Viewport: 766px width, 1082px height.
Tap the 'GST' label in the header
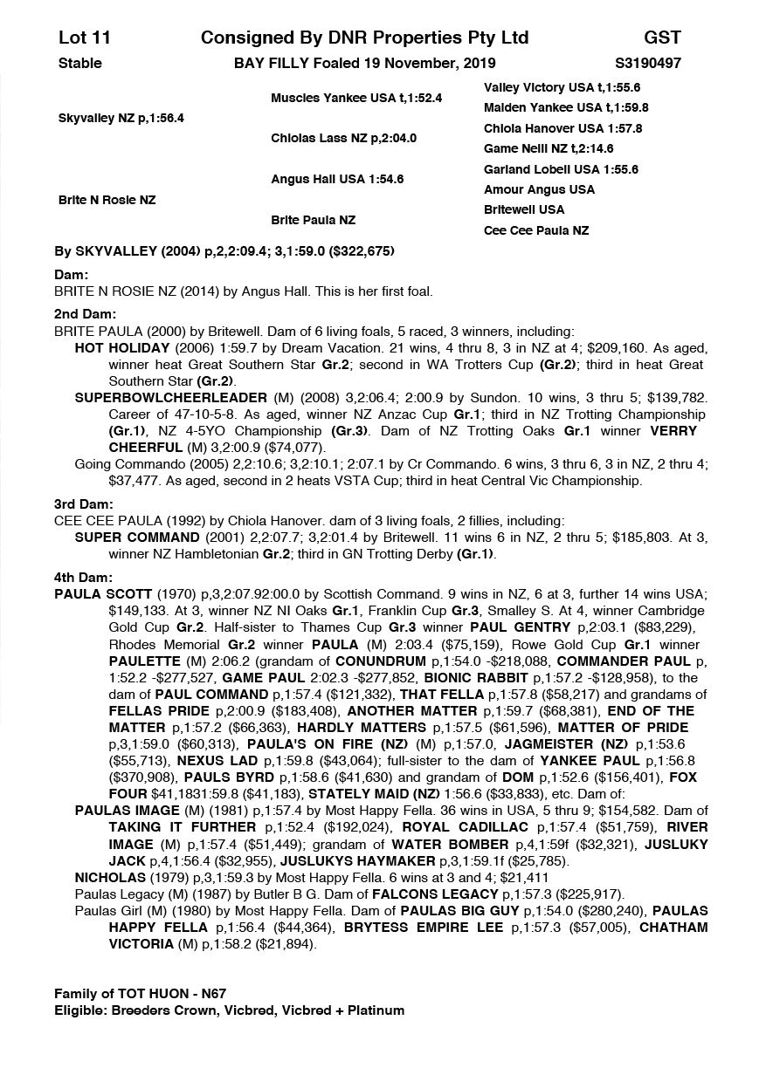(662, 38)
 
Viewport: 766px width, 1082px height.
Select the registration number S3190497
(649, 63)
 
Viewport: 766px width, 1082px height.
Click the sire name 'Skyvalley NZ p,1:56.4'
(121, 118)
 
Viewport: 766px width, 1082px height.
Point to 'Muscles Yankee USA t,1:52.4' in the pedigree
(356, 98)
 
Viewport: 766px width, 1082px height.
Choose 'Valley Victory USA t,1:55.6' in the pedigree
(562, 88)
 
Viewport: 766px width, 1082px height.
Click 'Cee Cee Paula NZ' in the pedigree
(536, 230)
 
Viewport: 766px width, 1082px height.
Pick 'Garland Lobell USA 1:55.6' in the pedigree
(561, 169)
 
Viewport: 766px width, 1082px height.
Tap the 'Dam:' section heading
(72, 275)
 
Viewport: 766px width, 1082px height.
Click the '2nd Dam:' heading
(86, 314)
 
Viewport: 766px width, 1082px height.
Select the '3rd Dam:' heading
(84, 503)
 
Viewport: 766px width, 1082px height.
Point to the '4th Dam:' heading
(84, 577)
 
